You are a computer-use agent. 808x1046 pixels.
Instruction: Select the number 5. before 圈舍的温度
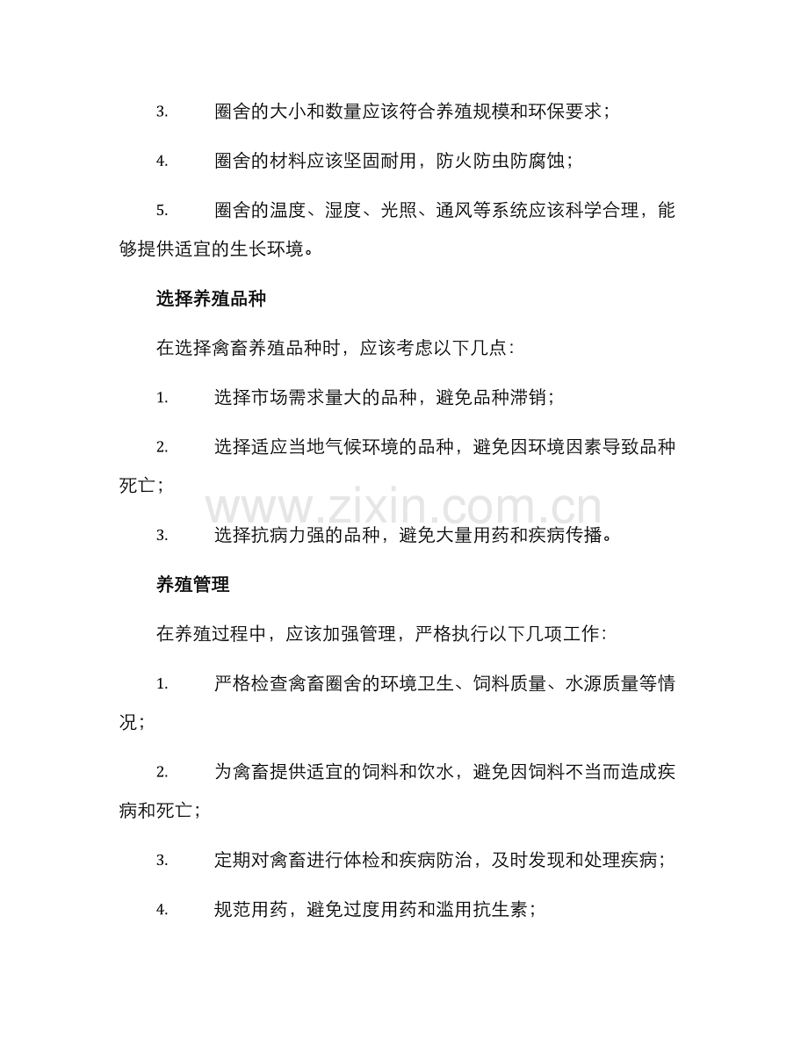point(162,210)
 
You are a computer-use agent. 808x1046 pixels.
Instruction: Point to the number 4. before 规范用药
point(162,911)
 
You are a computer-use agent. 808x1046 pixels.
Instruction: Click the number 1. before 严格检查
point(162,683)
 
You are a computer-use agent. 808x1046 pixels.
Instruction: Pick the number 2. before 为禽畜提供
point(162,773)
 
